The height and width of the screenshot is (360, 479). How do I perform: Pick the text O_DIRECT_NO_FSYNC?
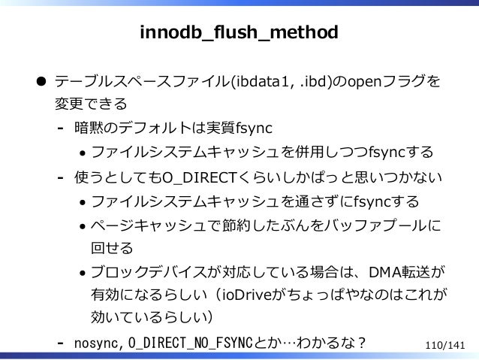(x=191, y=343)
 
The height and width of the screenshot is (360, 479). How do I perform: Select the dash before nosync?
(x=59, y=343)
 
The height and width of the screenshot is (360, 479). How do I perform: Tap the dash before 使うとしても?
(x=59, y=179)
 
